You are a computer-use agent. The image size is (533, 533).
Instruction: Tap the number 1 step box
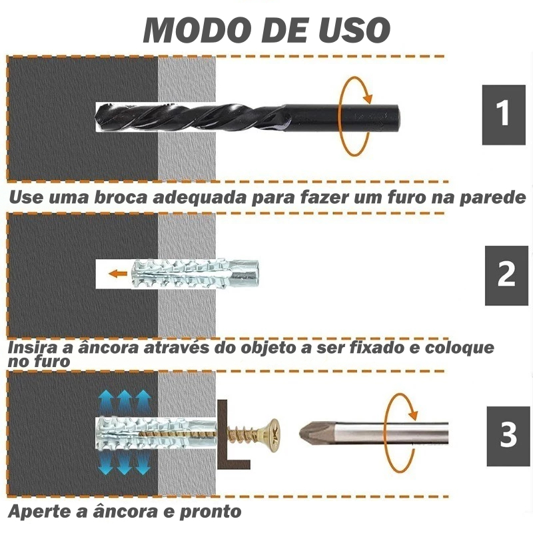[504, 115]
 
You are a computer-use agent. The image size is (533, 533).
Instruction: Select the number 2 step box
[506, 275]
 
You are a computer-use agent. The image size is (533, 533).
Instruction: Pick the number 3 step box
[508, 436]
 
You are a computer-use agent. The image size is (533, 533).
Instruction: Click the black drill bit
[247, 117]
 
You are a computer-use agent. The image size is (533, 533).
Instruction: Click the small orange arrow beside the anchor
[117, 273]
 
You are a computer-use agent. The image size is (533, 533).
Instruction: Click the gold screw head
[273, 436]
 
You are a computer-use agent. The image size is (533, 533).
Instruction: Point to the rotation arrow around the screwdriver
[386, 434]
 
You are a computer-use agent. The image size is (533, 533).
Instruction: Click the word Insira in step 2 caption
[31, 348]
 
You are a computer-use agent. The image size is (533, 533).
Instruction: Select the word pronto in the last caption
[211, 512]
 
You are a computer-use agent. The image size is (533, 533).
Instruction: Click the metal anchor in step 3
[157, 434]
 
